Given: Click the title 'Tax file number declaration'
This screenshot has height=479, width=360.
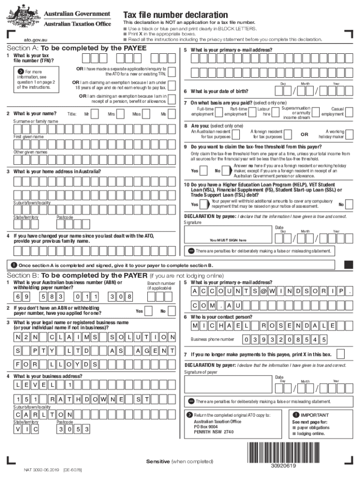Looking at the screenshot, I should coord(175,15).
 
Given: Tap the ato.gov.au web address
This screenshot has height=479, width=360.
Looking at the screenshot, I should coord(35,40).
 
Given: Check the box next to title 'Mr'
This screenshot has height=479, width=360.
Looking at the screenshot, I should coord(95,114).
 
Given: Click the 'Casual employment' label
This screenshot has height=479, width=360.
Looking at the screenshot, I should coord(333,111).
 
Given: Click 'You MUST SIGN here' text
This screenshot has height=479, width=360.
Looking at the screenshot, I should coord(228,240).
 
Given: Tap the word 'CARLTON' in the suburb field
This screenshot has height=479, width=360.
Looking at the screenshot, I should coord(43,415).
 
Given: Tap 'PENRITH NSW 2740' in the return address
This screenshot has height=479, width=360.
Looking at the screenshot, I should coord(214,432).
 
